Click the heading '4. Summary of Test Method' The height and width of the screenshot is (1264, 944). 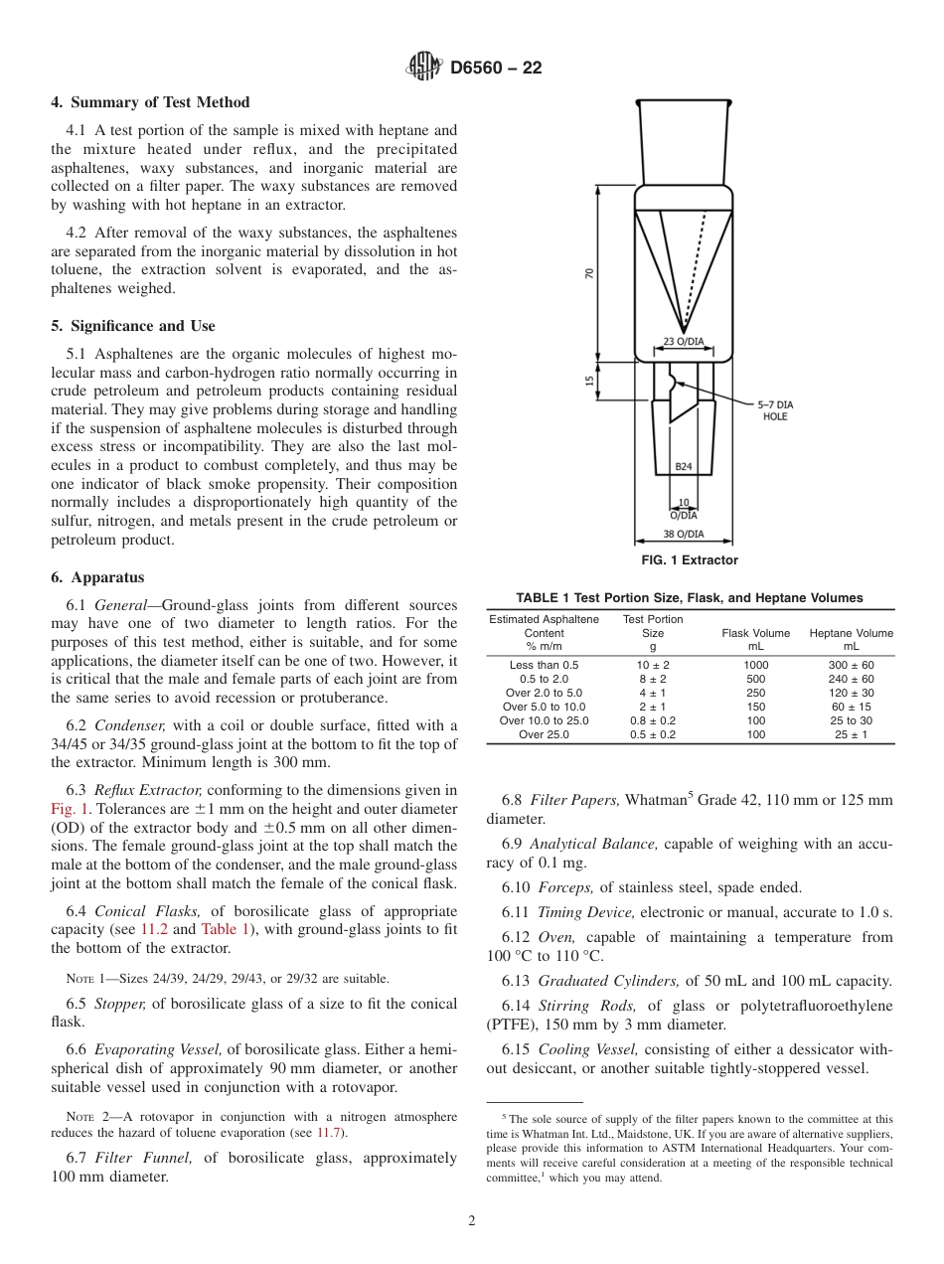pos(150,102)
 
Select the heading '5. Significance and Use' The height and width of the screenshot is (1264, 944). pos(132,326)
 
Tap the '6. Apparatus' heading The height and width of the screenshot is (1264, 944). pos(97,577)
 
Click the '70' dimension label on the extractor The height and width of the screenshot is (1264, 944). pos(589,273)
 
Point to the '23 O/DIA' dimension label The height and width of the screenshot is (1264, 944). pos(684,342)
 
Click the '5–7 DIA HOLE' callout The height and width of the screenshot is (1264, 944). pos(774,410)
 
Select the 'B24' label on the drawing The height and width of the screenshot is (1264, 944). pos(684,465)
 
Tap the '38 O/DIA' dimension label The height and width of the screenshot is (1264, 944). pos(684,534)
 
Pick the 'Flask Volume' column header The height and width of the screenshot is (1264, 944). pos(756,633)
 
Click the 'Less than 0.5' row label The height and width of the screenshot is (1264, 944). pos(544,665)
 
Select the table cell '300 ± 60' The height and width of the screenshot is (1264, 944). pos(851,665)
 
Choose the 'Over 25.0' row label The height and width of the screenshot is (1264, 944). pos(544,734)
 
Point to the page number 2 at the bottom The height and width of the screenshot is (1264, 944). pos(472,1221)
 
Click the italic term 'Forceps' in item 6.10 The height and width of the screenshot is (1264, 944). pos(564,887)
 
